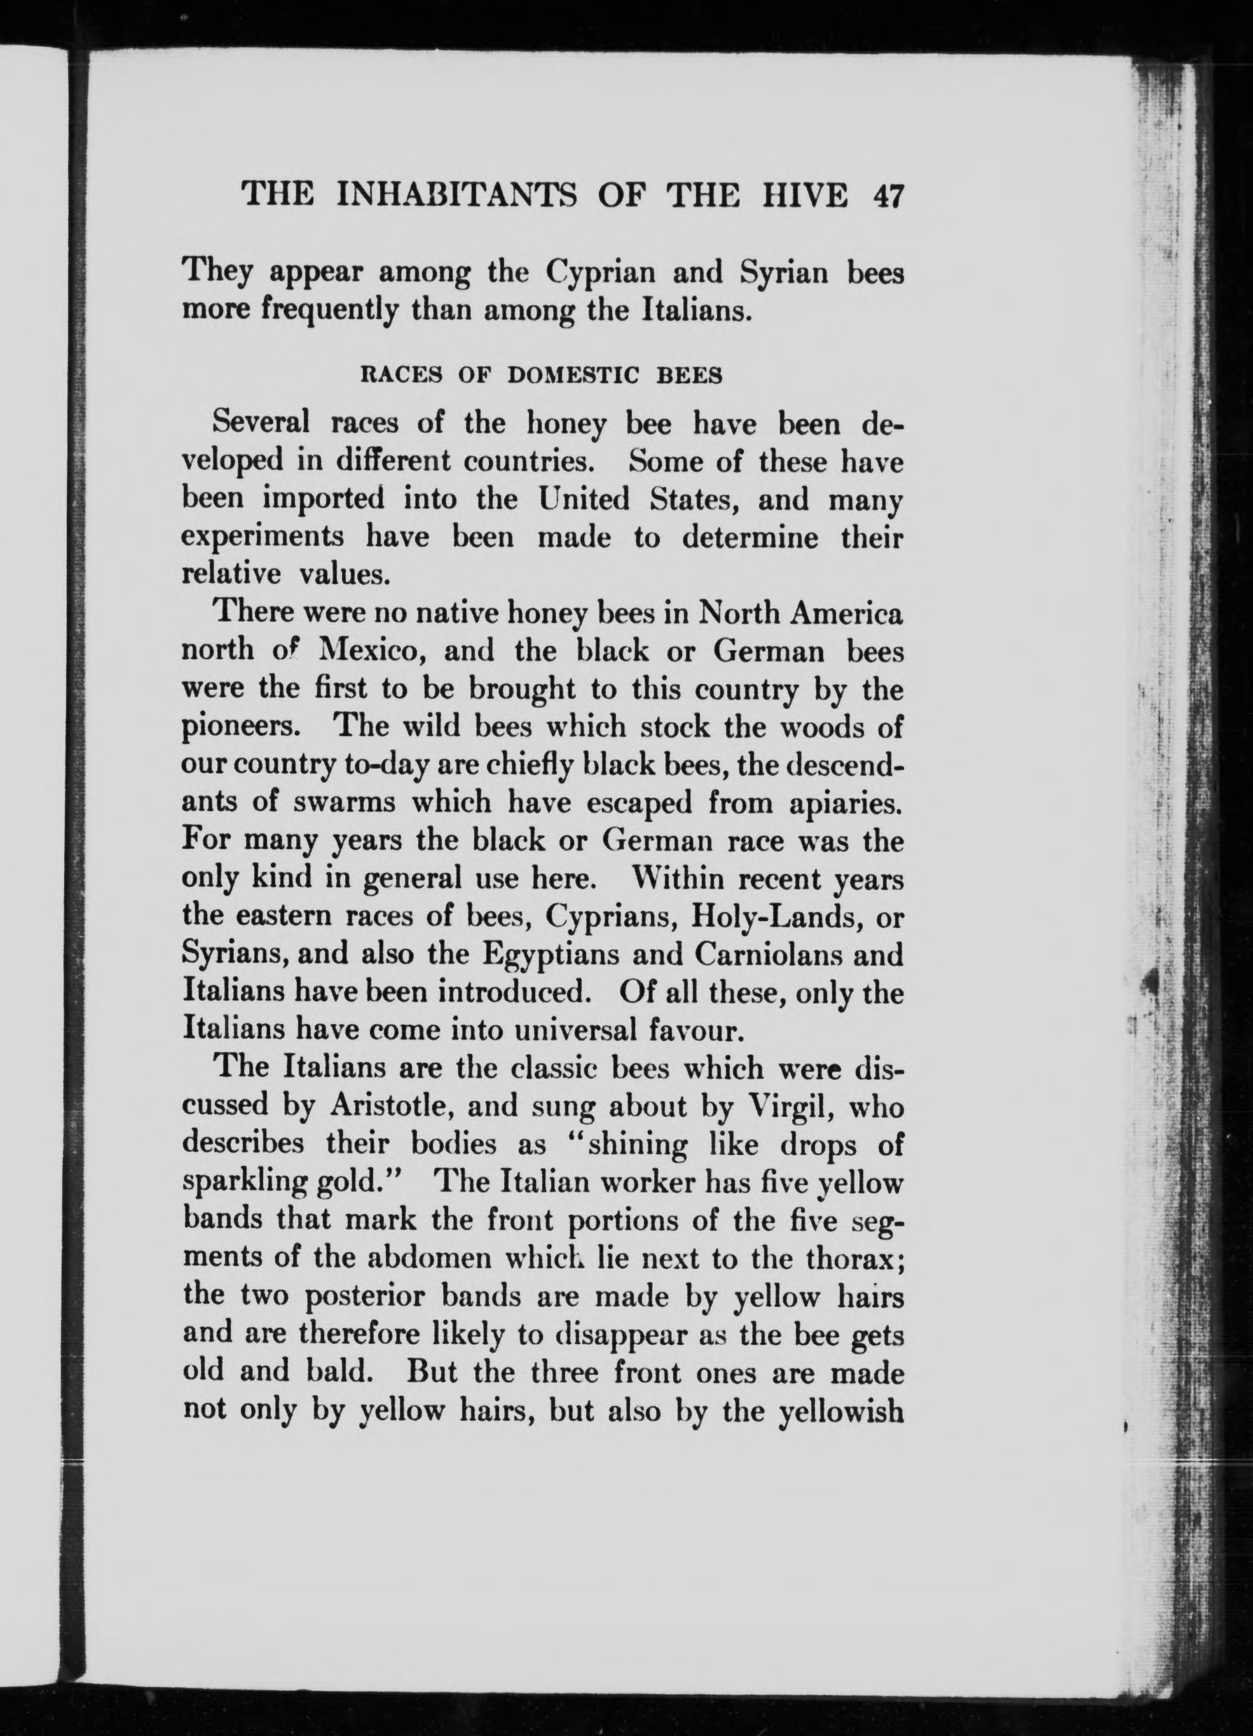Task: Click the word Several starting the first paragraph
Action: [262, 423]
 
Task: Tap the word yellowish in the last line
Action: [840, 1410]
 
